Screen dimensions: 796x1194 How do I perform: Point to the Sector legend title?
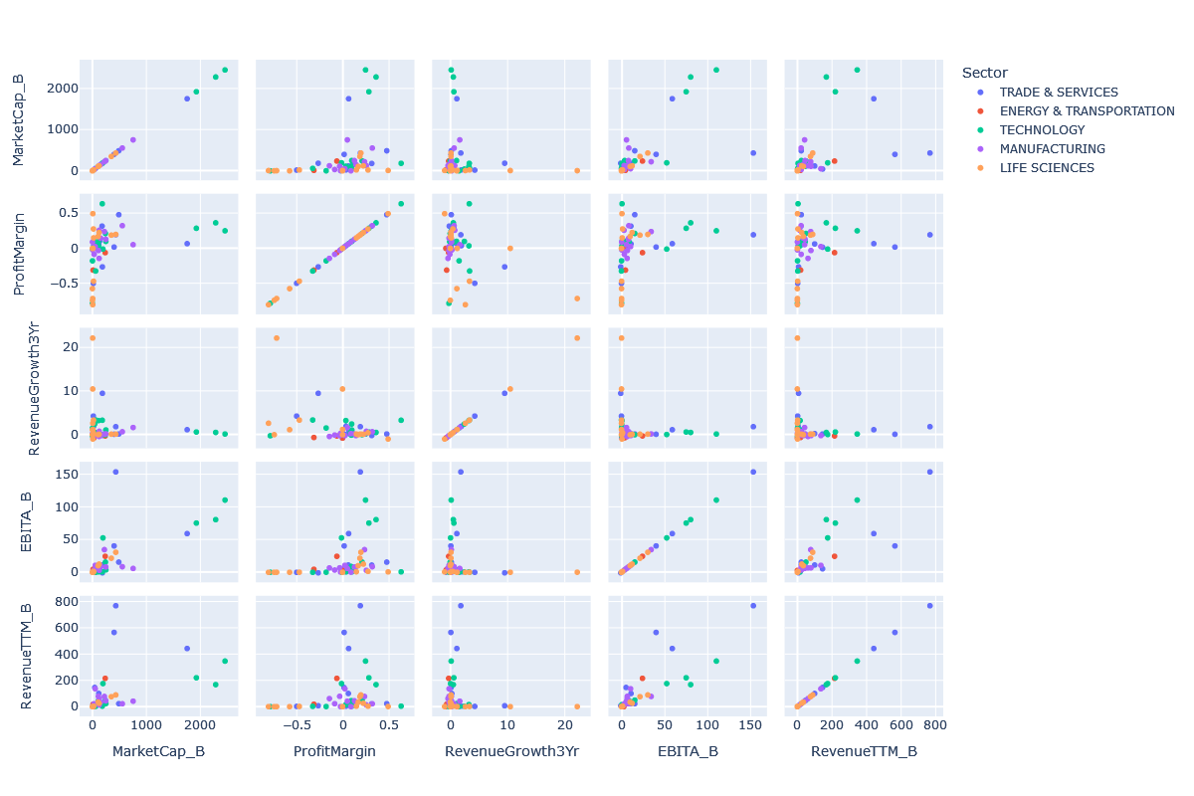point(985,73)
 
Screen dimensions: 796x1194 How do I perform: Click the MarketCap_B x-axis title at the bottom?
point(159,751)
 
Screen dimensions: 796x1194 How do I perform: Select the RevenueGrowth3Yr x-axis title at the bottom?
point(511,751)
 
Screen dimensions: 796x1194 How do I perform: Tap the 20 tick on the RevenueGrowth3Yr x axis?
point(567,725)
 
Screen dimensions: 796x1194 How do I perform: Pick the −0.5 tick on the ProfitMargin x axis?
point(295,725)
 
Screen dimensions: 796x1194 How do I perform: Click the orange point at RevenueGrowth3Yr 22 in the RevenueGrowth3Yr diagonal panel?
point(577,338)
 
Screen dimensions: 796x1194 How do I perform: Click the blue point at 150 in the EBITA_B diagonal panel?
point(753,472)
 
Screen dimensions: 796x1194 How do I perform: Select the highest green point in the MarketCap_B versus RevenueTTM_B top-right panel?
point(857,70)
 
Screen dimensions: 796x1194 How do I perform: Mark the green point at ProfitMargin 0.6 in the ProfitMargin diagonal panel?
point(401,204)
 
